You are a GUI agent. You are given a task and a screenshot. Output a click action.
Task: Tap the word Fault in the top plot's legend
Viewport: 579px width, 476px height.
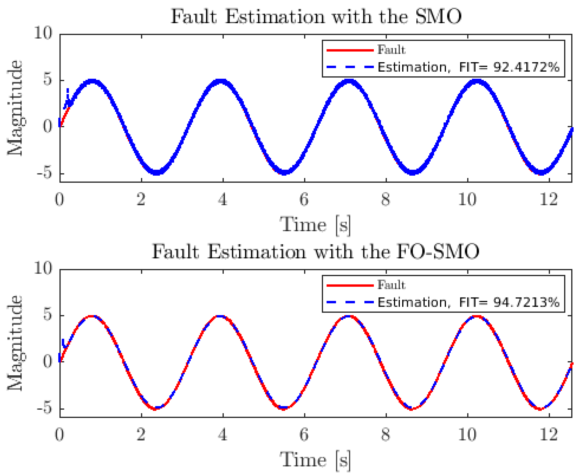tap(391, 50)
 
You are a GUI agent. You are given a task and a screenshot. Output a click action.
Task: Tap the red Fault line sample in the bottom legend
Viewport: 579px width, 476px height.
tap(350, 286)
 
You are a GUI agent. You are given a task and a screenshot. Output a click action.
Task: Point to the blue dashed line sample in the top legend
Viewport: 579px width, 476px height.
tap(350, 67)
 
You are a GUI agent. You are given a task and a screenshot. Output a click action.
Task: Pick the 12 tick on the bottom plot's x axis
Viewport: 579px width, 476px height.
tap(549, 435)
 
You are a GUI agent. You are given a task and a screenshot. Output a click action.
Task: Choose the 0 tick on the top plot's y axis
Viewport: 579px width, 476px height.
tap(47, 127)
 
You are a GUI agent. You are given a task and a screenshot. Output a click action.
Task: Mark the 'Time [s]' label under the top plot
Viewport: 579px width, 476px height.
tap(315, 225)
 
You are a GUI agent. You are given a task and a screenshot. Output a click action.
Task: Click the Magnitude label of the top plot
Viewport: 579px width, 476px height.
tap(15, 108)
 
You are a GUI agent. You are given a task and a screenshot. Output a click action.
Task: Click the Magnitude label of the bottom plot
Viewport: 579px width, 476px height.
tap(15, 343)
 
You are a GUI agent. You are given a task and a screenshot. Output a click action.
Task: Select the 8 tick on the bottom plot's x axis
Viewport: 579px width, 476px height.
tap(385, 435)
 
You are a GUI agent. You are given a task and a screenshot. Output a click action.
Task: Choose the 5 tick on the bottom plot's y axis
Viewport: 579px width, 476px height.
tap(47, 315)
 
